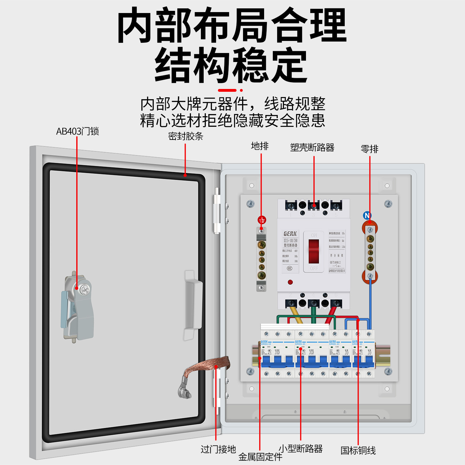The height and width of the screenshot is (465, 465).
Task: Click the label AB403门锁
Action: [x=77, y=131]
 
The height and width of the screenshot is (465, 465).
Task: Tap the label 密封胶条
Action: [x=185, y=136]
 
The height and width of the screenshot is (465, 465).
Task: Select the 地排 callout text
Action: [x=260, y=146]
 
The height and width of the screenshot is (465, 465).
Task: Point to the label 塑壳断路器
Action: [x=312, y=148]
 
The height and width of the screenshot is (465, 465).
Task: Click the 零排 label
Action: [x=370, y=149]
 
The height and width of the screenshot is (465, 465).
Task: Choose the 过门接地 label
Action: [x=218, y=449]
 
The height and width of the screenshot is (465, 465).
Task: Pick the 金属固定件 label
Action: [x=260, y=457]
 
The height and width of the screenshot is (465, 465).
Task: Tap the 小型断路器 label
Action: [x=301, y=449]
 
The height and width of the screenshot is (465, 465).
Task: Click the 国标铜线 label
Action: [x=358, y=450]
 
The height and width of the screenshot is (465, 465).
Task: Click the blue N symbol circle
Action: [x=367, y=215]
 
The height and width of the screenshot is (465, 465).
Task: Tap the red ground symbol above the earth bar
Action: [x=262, y=220]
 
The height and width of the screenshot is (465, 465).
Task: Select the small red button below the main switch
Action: [x=290, y=282]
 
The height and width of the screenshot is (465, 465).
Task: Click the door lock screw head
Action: [x=84, y=290]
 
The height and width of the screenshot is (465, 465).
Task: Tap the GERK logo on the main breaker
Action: [x=290, y=234]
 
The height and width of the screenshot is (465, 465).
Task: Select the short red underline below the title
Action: [x=227, y=90]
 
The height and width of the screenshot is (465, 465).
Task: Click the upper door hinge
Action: [x=217, y=211]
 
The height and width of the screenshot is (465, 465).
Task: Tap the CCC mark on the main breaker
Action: [x=290, y=268]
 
